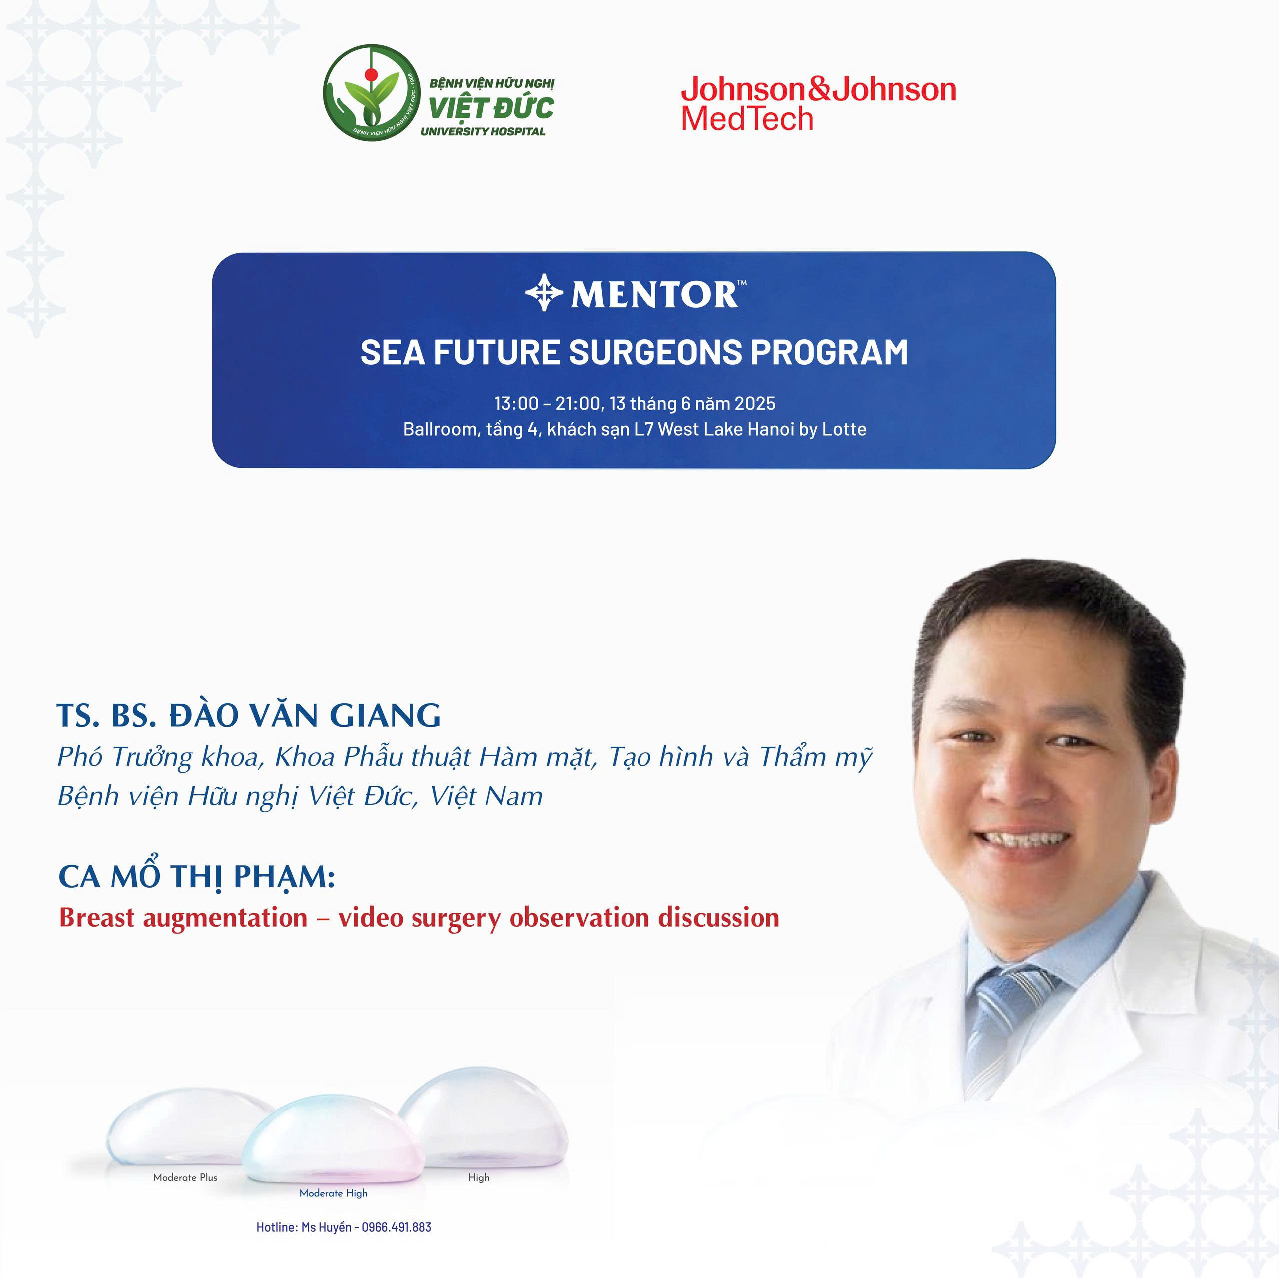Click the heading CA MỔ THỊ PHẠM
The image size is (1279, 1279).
pyautogui.click(x=197, y=876)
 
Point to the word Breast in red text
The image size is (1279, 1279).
pyautogui.click(x=96, y=918)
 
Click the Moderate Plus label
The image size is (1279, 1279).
pyautogui.click(x=185, y=1177)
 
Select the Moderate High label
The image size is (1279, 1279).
pyautogui.click(x=333, y=1193)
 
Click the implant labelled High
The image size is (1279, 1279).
pyautogui.click(x=483, y=1119)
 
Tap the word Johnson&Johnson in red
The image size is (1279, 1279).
pyautogui.click(x=819, y=89)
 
